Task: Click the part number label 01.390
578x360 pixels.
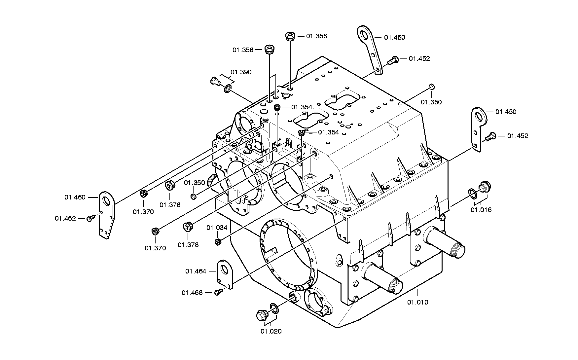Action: point(241,72)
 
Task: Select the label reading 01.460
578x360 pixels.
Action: point(75,197)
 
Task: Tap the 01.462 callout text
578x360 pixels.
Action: point(65,218)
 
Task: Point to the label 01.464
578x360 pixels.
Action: point(196,271)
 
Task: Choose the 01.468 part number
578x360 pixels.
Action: point(192,293)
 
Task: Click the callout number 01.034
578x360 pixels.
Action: point(217,228)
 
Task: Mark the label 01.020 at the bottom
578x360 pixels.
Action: point(271,331)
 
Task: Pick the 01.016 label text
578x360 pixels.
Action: point(481,210)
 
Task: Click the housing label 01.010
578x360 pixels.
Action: point(417,302)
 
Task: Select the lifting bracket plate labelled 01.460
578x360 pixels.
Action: point(106,215)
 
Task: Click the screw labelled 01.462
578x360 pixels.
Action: point(90,218)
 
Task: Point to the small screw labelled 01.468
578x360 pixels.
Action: point(218,292)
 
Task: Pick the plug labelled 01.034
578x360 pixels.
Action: point(217,242)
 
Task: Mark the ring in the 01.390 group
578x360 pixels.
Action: point(228,89)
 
